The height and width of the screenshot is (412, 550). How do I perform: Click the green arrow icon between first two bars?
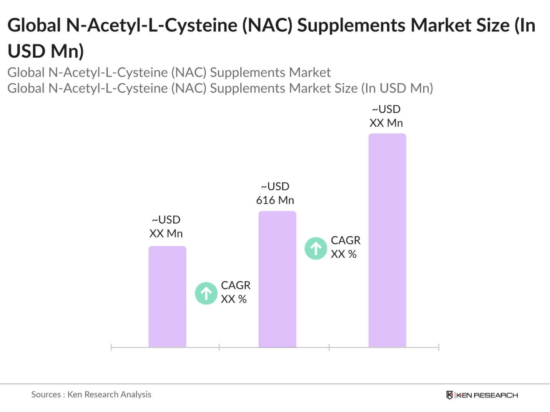[206, 293]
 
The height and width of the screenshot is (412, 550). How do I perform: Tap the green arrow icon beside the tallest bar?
[316, 248]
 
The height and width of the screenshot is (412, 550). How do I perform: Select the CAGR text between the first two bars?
[236, 285]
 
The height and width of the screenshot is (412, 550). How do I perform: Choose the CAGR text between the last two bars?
[346, 240]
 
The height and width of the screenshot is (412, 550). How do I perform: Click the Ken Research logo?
[482, 395]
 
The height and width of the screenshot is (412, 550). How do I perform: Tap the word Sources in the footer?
[46, 394]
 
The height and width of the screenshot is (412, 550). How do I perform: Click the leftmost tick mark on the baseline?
[111, 347]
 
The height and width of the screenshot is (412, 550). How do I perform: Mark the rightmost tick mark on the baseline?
[439, 347]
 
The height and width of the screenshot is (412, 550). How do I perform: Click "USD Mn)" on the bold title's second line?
[46, 51]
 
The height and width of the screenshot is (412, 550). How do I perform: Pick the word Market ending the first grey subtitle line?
[310, 73]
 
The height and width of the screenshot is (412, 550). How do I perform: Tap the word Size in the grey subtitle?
[345, 88]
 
